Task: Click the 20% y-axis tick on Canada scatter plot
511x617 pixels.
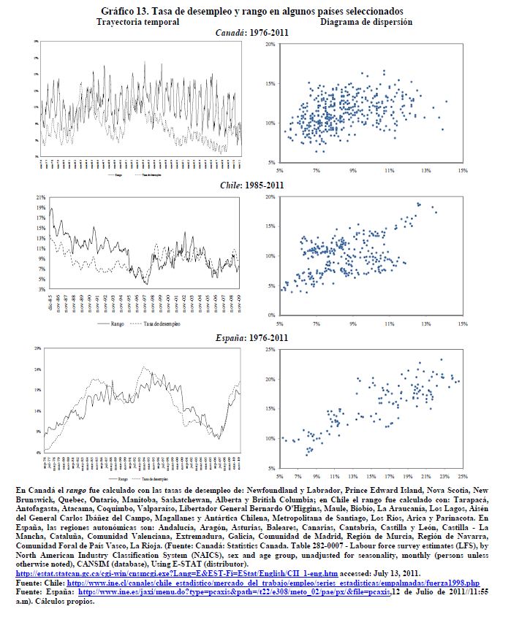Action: coord(270,45)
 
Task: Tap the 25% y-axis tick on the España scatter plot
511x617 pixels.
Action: coord(270,350)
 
